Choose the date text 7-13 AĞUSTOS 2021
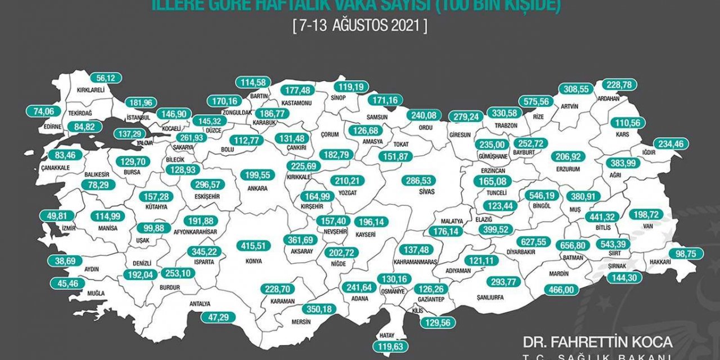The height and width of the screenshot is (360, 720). [x=360, y=26]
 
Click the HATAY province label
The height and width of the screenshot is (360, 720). [x=386, y=334]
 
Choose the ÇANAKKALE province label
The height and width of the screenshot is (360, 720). [x=55, y=168]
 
